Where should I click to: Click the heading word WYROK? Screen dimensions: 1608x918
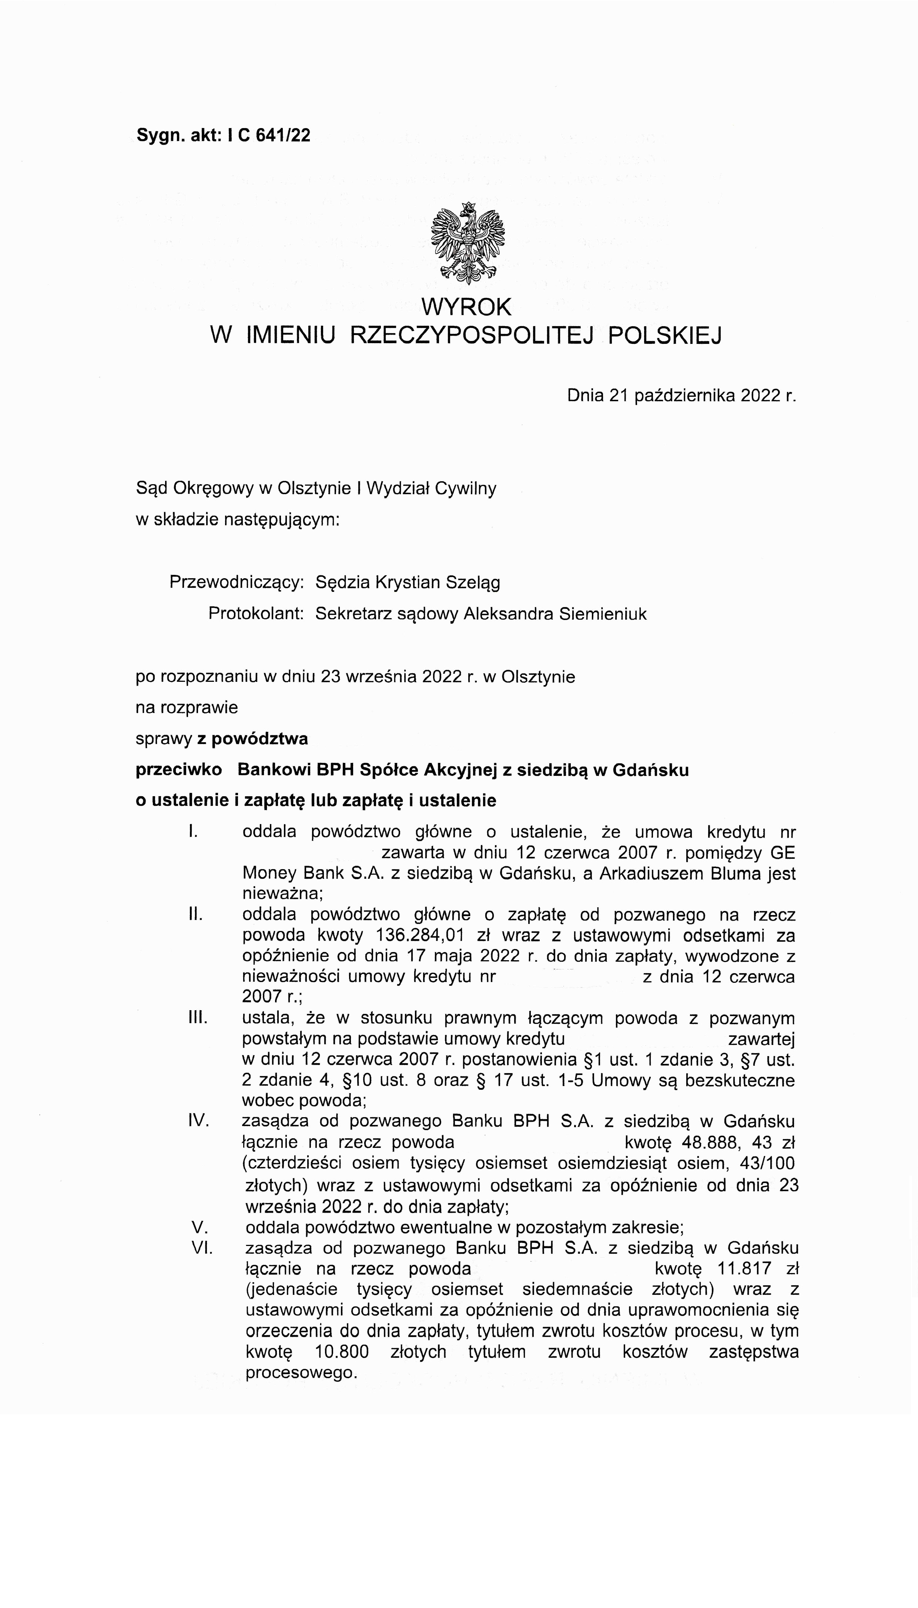466,307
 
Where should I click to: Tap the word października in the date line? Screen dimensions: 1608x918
685,395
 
